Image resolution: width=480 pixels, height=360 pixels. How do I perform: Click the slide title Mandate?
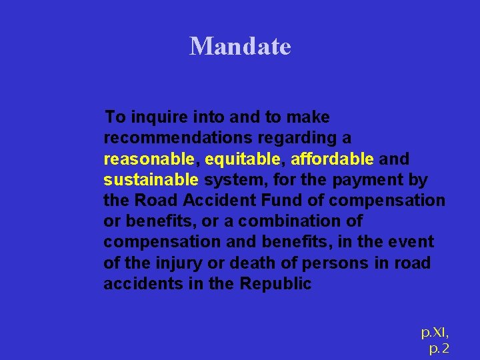240,46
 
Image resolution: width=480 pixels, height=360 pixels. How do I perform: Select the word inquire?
158,117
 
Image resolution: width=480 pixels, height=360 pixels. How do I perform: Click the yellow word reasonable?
149,159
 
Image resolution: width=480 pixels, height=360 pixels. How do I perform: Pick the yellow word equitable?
243,159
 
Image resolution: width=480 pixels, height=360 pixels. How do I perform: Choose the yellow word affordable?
332,159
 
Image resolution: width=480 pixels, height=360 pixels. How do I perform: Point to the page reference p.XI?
435,332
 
